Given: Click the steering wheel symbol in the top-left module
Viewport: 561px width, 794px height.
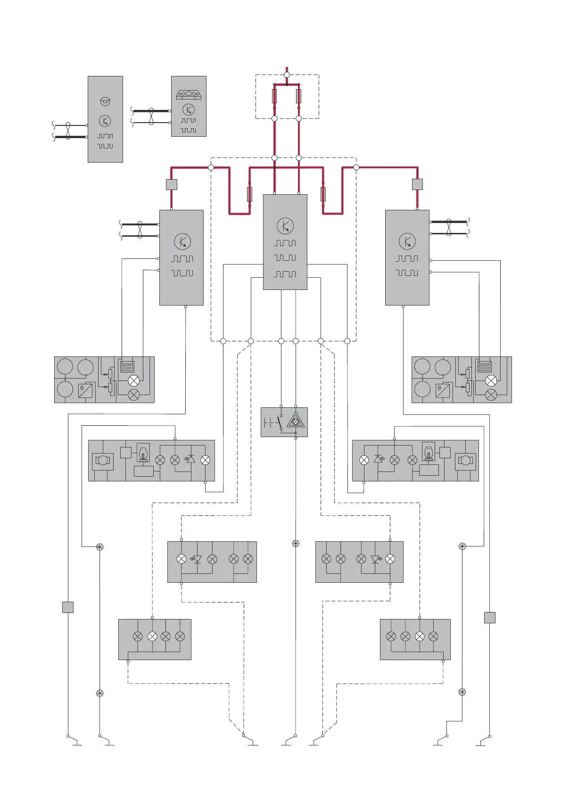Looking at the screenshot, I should coord(105,101).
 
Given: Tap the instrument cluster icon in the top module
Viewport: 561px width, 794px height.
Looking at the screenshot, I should coord(189,95).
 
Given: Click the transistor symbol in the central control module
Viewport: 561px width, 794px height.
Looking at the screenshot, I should coord(285,226).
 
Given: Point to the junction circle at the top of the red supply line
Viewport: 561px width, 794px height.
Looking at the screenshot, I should coord(287,74).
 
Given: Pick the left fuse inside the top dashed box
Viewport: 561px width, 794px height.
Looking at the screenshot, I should coord(274,96).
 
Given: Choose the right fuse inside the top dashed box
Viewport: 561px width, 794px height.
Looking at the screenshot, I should coord(298,96).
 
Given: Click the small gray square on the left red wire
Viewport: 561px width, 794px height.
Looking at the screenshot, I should coord(172,184).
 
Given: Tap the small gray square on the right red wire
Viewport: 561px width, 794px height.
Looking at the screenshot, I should coord(417,184).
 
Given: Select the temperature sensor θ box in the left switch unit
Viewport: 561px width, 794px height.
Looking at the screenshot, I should coord(85,391).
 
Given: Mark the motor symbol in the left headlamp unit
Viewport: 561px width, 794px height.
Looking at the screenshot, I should coord(102,461).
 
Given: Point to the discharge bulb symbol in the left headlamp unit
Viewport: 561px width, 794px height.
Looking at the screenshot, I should coord(143,453).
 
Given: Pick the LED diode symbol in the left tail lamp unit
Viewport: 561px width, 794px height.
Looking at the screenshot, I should coord(197,559).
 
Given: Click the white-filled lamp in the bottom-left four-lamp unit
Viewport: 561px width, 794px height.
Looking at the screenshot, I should coord(152,637).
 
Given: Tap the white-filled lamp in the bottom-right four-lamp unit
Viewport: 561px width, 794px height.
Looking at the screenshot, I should coord(420,637).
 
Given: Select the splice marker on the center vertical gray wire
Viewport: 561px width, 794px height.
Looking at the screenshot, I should coord(296,544).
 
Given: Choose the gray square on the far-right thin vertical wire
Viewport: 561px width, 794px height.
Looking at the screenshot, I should coord(490,617).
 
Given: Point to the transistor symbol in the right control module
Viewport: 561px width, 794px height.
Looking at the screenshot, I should coord(407,241).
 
